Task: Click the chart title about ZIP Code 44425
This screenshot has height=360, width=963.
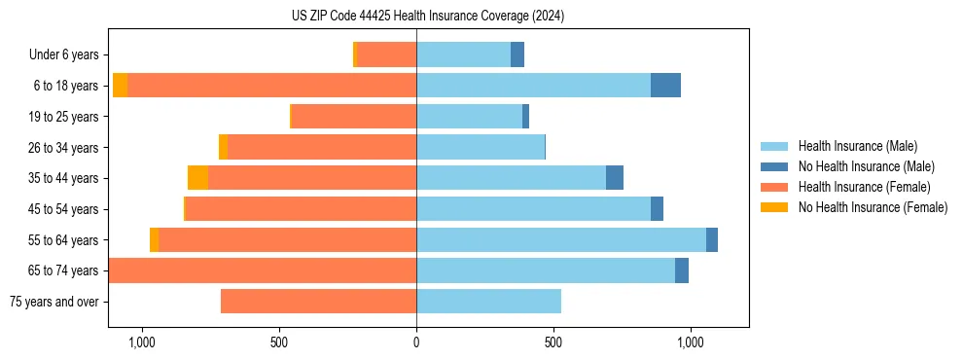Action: tap(428, 17)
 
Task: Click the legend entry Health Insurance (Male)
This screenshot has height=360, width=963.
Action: tap(856, 146)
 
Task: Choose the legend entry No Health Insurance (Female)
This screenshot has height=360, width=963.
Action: tap(873, 207)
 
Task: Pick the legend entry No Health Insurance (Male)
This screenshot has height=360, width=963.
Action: tap(866, 166)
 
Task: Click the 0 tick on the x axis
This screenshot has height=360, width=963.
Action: tap(416, 342)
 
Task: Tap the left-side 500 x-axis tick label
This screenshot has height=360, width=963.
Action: tap(279, 342)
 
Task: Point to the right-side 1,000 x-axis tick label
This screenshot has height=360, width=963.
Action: tap(690, 342)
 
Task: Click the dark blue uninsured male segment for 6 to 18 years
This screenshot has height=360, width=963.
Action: tap(665, 86)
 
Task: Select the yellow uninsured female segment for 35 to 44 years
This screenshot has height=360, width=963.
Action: tap(197, 178)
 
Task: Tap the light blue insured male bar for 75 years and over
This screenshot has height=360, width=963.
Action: tap(488, 302)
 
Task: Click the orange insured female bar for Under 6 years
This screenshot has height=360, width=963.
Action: tap(386, 54)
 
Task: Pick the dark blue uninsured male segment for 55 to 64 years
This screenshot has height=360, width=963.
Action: tap(712, 239)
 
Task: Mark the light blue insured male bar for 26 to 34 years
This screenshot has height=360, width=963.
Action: tap(480, 147)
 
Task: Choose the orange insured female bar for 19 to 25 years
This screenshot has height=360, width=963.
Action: tap(354, 117)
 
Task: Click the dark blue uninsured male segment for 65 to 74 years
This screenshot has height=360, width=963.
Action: tap(682, 270)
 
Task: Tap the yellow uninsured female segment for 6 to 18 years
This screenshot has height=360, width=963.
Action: tap(120, 86)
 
